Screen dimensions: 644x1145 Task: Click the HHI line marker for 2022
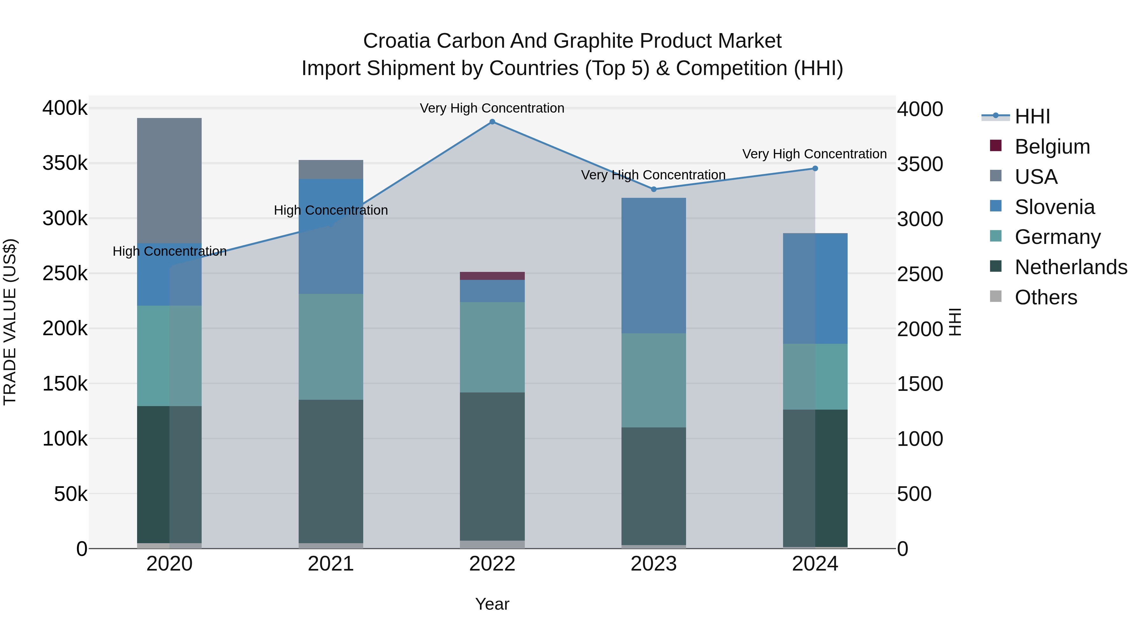[492, 122]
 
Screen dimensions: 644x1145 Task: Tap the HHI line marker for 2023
[653, 189]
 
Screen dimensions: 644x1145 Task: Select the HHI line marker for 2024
[815, 169]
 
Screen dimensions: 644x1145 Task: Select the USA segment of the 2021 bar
[331, 169]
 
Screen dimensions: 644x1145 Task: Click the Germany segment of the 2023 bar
[653, 380]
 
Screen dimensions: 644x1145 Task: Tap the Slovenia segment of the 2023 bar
[653, 265]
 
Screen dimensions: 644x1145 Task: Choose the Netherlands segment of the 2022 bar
[492, 466]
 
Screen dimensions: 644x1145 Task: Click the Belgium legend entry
[1052, 147]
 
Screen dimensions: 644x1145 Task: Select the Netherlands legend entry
[1070, 267]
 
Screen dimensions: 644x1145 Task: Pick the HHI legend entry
[1032, 116]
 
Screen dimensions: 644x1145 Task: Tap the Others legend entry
[1045, 297]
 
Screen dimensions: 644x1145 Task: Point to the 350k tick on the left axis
[65, 163]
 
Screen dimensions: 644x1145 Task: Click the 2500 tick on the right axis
[919, 274]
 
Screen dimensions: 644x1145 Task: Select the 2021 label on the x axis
[331, 564]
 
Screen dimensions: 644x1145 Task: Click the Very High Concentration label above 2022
[492, 108]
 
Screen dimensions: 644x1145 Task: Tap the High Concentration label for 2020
[169, 251]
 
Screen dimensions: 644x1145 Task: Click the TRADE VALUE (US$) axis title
[10, 322]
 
